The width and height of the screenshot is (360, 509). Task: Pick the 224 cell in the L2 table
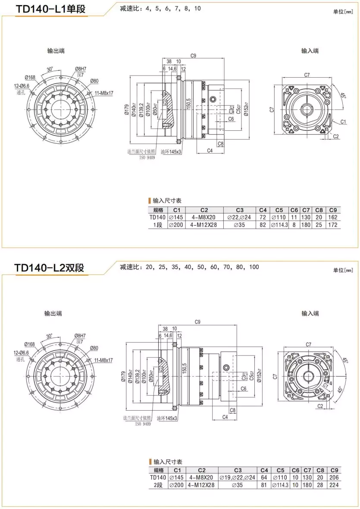pos(334,485)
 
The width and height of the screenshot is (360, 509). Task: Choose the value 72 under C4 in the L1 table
pos(263,217)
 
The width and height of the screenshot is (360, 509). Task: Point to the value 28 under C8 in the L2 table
pos(320,485)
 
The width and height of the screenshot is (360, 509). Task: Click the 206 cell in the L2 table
pos(334,478)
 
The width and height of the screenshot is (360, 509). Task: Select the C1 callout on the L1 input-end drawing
pos(343,122)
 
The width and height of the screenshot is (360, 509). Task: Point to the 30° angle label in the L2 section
pos(50,335)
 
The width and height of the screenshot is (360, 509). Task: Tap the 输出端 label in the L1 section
pos(56,51)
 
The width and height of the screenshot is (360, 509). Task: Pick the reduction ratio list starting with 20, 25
pos(190,267)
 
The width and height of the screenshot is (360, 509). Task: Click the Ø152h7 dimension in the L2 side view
pos(259,373)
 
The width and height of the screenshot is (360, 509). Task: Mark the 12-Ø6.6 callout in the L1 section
pos(21,86)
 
